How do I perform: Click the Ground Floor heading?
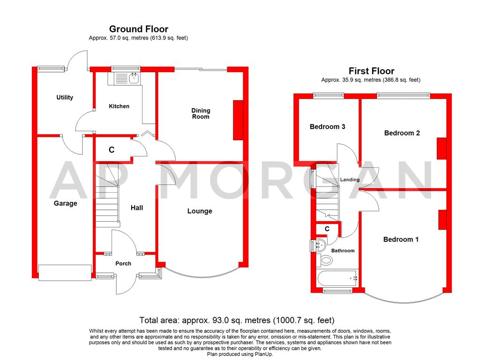point(138,29)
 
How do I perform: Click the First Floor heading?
point(371,71)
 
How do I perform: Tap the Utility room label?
point(65,97)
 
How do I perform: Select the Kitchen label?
point(119,106)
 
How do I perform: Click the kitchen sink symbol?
point(134,77)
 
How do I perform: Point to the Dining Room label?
point(201,113)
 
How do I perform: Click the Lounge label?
point(200,211)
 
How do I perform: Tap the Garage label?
point(65,203)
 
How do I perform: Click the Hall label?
point(137,208)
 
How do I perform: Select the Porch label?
point(123,263)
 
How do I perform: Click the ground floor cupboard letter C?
point(112,150)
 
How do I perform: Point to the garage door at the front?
point(65,273)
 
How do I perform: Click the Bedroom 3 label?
point(328,127)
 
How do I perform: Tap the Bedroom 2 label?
point(402,133)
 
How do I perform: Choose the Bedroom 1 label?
point(401,240)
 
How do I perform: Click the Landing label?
point(350,180)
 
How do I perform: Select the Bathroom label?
point(343,251)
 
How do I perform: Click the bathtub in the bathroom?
point(337,278)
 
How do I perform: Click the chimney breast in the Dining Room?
point(238,120)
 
